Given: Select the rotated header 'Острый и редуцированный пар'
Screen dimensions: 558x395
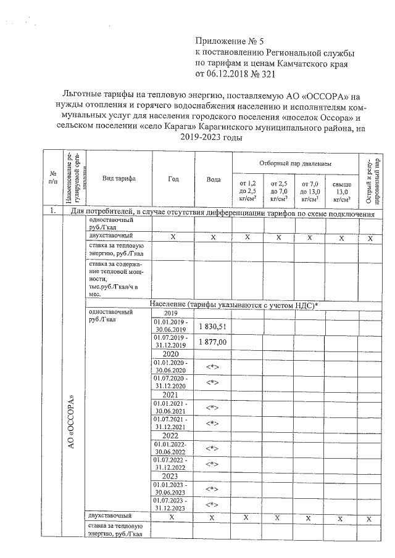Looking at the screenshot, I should pyautogui.click(x=369, y=179).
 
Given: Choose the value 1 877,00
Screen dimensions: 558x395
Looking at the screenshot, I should pyautogui.click(x=213, y=342).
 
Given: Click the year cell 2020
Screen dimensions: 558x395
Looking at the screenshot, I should pyautogui.click(x=170, y=355).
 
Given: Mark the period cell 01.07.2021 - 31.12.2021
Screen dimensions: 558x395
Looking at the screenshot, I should pyautogui.click(x=170, y=423).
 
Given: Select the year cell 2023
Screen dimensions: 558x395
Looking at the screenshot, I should pyautogui.click(x=170, y=477).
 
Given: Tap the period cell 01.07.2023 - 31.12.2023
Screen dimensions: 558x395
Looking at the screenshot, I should pyautogui.click(x=170, y=504).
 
